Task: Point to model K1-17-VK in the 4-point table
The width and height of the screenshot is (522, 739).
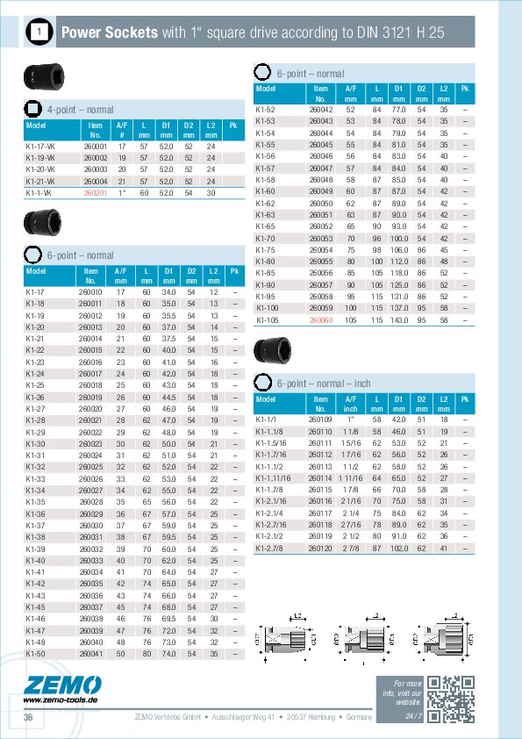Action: [x=40, y=146]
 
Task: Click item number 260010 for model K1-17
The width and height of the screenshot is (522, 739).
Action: [x=90, y=291]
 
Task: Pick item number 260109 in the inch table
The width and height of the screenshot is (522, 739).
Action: [x=320, y=420]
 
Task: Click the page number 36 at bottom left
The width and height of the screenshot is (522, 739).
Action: [x=28, y=718]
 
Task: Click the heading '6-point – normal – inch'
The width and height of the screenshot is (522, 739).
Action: [x=323, y=384]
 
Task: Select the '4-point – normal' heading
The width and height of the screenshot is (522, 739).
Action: [x=80, y=110]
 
